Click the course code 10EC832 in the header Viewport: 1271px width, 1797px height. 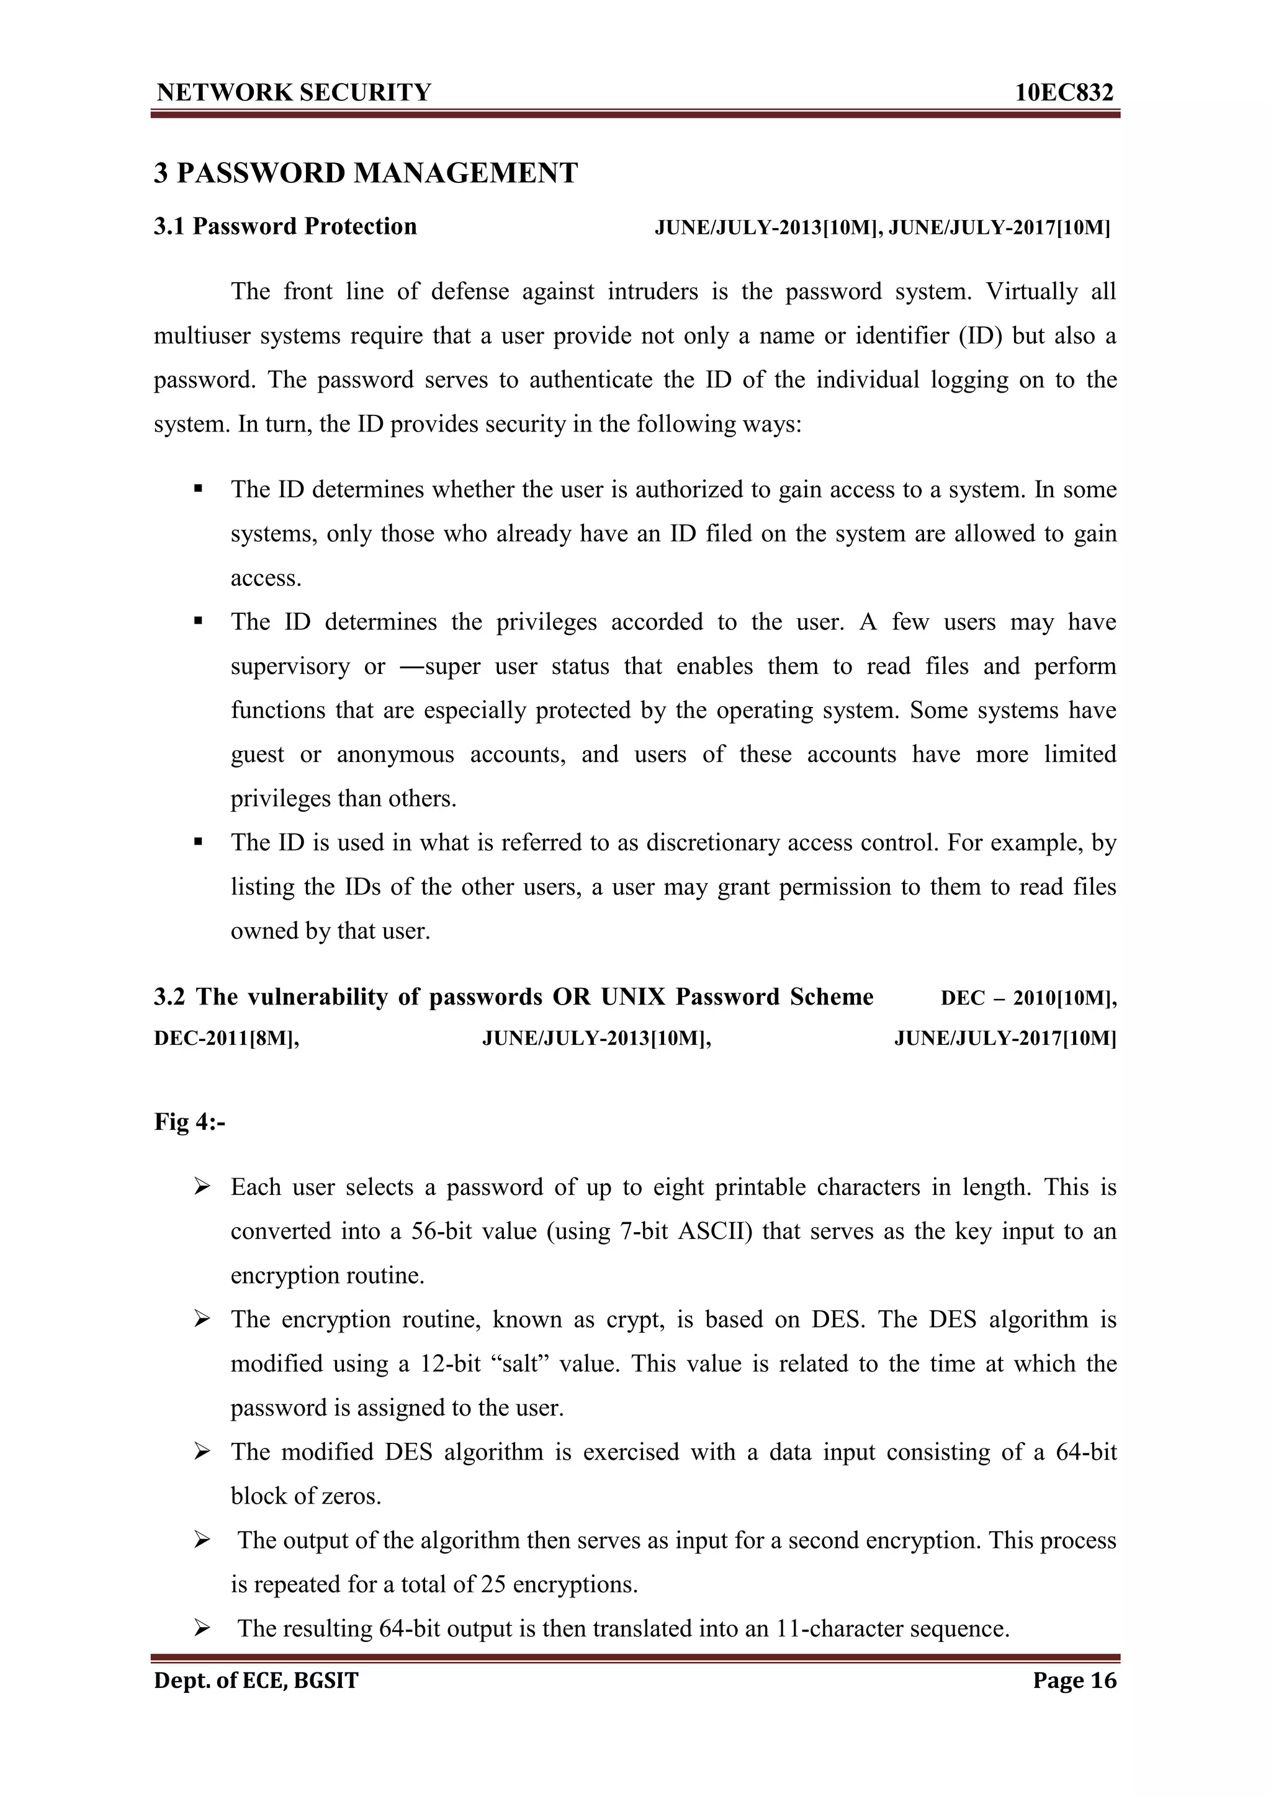[x=1064, y=93]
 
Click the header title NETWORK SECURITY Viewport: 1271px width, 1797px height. [x=294, y=93]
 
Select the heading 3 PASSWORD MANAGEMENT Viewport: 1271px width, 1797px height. [x=366, y=173]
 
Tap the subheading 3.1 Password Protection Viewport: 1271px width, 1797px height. [x=285, y=227]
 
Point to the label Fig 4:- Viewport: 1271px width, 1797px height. [x=189, y=1122]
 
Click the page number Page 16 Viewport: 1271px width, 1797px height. [x=1074, y=1680]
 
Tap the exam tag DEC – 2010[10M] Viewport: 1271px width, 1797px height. [x=1028, y=998]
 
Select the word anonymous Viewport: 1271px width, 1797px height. [x=395, y=755]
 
